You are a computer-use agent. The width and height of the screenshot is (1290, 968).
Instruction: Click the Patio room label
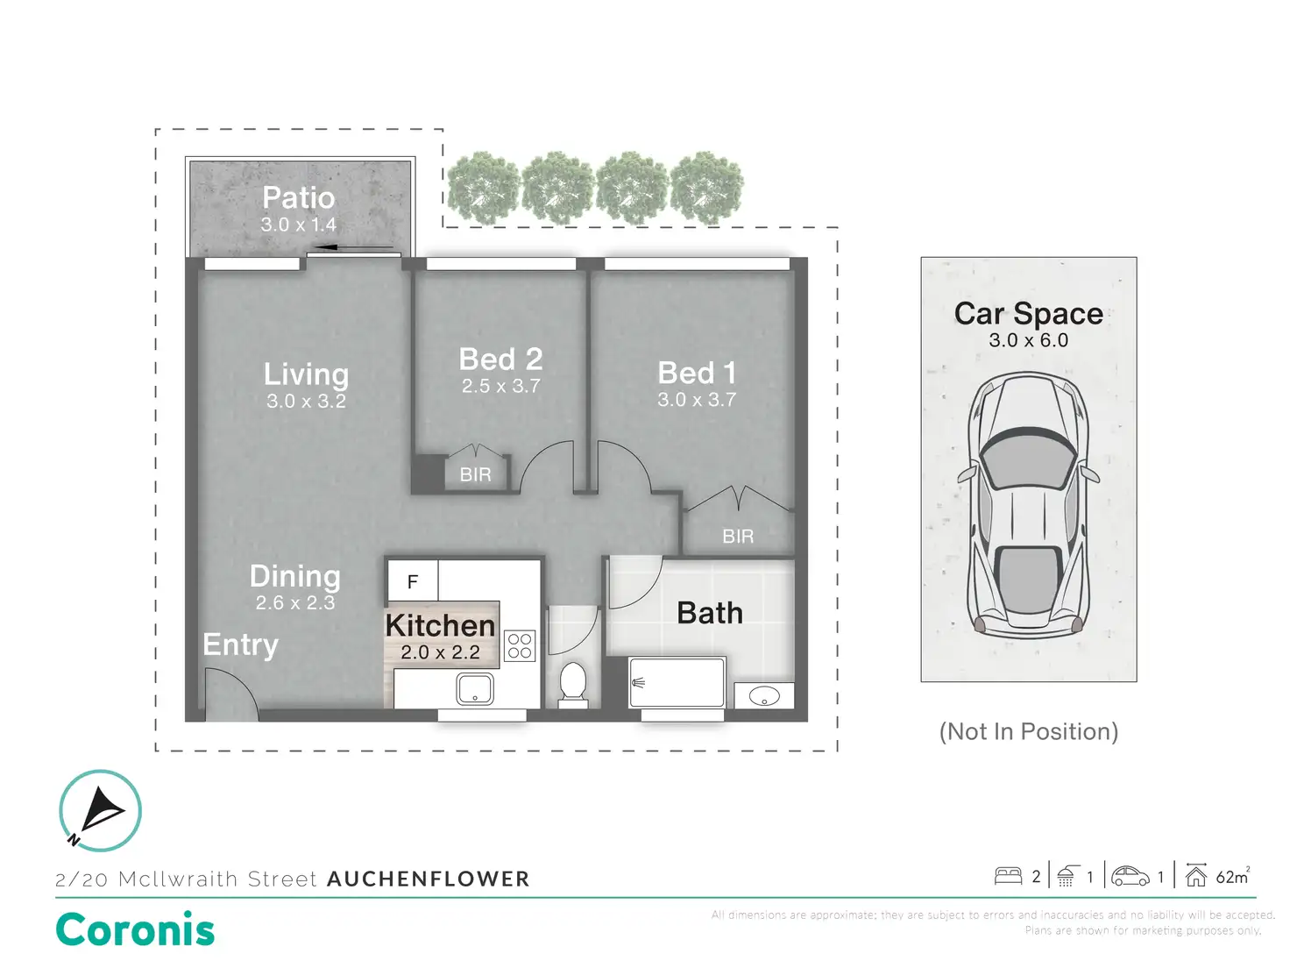tap(298, 198)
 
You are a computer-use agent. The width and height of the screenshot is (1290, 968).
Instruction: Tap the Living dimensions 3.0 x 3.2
tap(306, 402)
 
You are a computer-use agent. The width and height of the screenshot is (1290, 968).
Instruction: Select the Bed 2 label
tap(500, 359)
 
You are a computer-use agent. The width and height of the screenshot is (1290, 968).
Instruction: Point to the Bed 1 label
tap(697, 374)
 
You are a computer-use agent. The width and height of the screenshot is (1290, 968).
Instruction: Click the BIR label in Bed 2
tap(475, 475)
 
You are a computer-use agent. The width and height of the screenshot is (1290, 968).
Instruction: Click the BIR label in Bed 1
tap(738, 537)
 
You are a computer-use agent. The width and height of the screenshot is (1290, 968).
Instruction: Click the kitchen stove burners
tap(520, 646)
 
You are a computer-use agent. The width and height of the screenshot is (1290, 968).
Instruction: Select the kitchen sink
tap(475, 689)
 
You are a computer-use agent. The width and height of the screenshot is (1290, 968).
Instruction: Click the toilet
tap(573, 682)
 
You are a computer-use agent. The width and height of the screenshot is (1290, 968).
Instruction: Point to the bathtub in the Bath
tap(677, 683)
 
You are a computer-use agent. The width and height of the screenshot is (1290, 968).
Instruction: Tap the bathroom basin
tap(764, 697)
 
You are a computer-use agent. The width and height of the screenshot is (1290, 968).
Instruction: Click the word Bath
tap(710, 613)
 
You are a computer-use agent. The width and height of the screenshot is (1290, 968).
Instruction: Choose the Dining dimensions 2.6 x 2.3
tap(295, 603)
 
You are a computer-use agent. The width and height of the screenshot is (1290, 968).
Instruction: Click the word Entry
tap(240, 645)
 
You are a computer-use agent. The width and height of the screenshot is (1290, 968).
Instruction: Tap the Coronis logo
tap(135, 930)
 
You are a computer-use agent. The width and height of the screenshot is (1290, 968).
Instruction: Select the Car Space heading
tap(1028, 314)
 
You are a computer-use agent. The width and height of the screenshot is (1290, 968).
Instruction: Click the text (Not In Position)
tap(1028, 732)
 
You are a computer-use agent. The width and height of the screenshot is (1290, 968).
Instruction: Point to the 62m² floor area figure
tap(1232, 877)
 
